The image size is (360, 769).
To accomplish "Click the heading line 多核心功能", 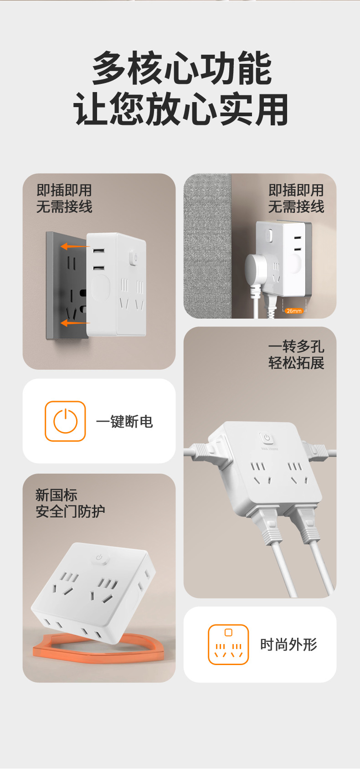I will pos(181,68).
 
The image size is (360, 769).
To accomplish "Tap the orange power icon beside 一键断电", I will pos(65,421).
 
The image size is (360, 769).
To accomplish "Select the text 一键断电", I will pos(124,422).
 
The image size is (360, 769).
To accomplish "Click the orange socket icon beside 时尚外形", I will pos(228,645).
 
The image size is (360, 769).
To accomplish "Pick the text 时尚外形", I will pos(288,645).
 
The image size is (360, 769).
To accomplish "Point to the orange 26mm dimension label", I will pos(294,311).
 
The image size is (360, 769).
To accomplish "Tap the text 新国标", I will pos(56,495).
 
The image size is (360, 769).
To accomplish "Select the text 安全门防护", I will pos(70,511).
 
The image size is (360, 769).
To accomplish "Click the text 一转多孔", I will pos(296,346).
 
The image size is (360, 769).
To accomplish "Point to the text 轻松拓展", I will pos(296,363).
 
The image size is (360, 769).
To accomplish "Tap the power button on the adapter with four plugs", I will pos(267,438).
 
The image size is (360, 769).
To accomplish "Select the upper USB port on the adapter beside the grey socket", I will pos(98,251).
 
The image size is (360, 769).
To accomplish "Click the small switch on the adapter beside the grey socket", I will pos(135,258).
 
